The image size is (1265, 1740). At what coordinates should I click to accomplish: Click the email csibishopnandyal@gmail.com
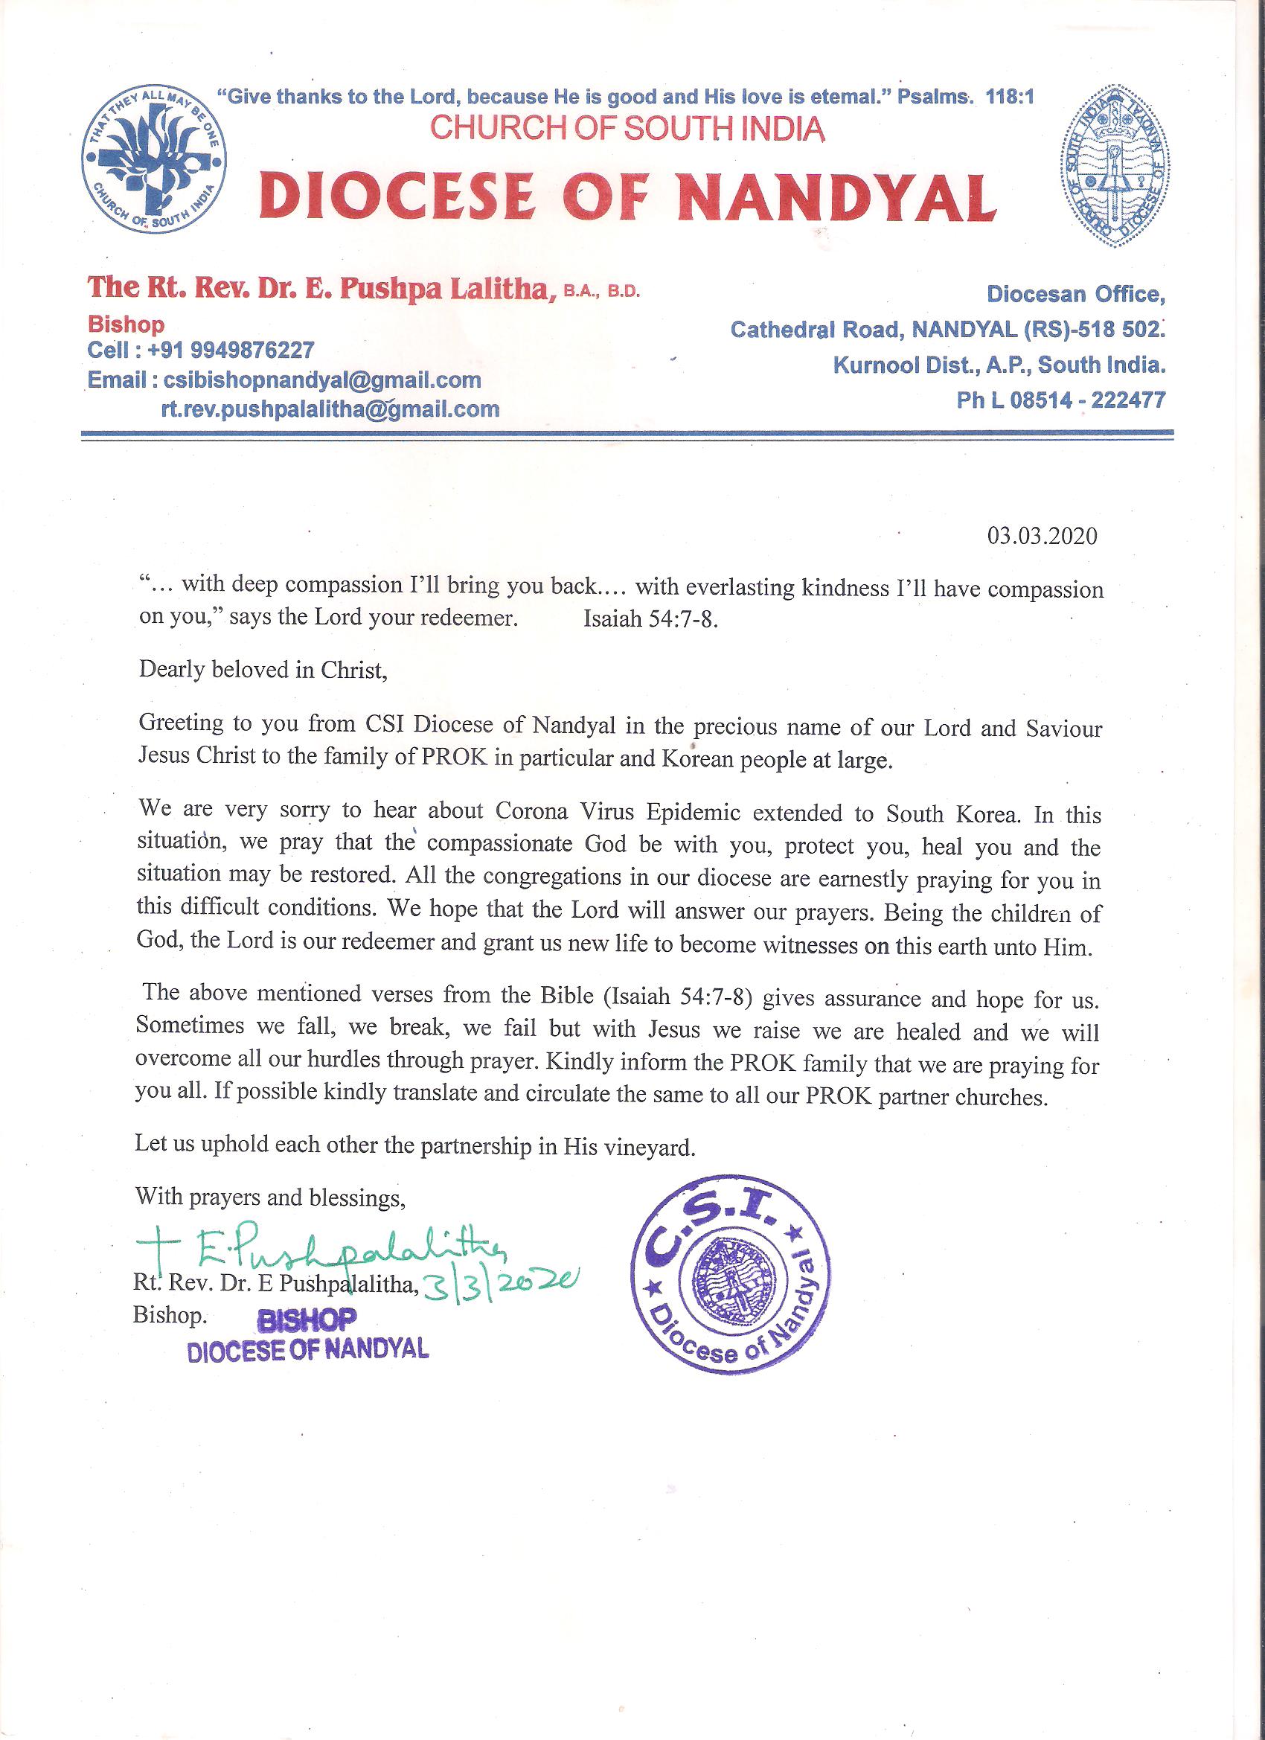click(x=322, y=380)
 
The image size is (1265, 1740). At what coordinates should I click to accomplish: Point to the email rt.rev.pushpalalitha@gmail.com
click(x=330, y=409)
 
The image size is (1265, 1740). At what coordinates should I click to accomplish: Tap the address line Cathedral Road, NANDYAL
click(x=947, y=330)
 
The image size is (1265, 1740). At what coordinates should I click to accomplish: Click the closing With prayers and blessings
click(x=270, y=1197)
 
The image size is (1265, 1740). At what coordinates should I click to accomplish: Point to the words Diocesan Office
click(x=1075, y=294)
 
